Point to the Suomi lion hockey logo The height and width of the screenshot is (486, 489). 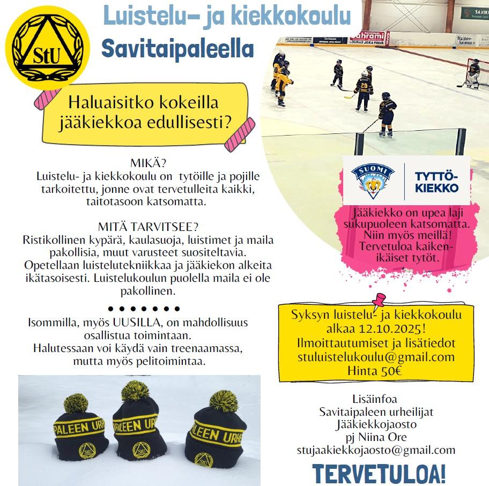coord(373,181)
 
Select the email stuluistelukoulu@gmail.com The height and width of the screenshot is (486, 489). coord(376,357)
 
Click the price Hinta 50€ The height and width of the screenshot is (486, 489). coord(374,370)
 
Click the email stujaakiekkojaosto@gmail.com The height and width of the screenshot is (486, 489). coord(376,450)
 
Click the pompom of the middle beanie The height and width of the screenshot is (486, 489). coord(135,392)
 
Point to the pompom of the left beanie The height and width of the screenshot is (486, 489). coord(76,403)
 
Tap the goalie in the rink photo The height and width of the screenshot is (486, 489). coord(472,74)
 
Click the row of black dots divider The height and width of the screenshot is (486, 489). coord(144,309)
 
